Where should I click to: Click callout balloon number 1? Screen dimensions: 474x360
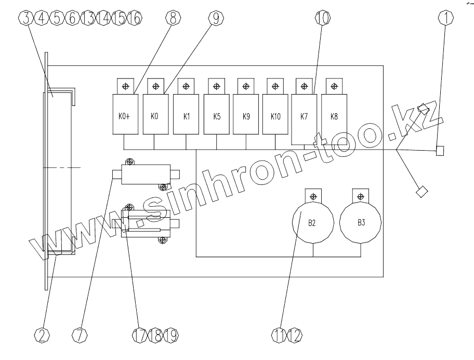click(x=445, y=18)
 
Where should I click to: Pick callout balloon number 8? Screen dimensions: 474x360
click(x=173, y=18)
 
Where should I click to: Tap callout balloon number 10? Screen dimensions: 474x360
click(x=322, y=18)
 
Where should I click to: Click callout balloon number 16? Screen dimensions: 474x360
click(x=135, y=18)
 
